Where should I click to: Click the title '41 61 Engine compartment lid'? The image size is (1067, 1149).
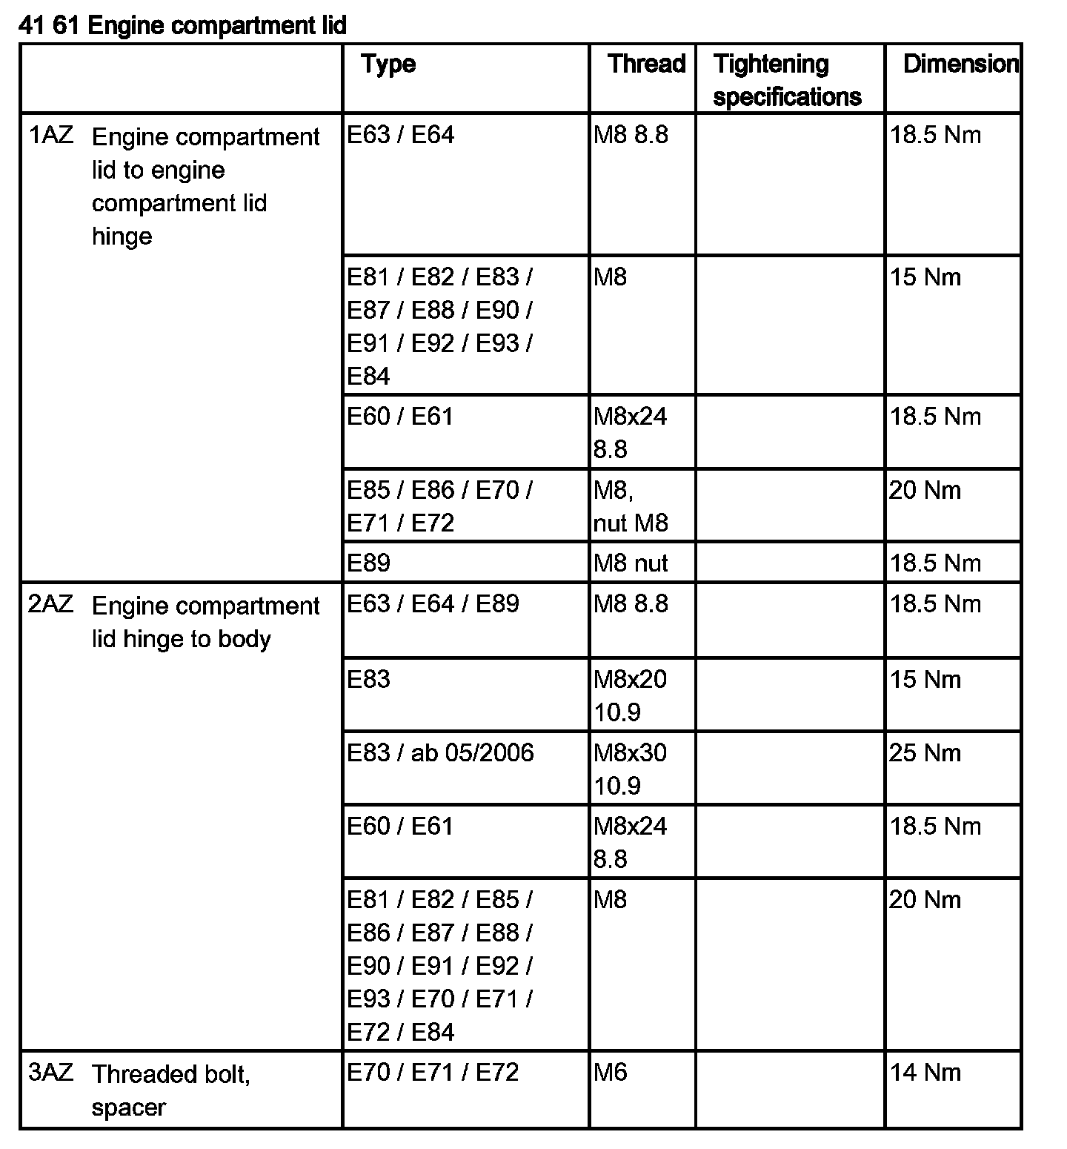point(182,26)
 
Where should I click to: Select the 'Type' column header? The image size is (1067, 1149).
point(388,64)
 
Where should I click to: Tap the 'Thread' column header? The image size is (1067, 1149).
point(646,64)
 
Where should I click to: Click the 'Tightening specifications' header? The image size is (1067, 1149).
point(787,80)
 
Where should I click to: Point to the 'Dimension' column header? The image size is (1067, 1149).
point(960,64)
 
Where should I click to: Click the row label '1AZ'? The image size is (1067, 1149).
point(51,136)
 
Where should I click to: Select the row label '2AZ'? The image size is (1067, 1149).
point(51,604)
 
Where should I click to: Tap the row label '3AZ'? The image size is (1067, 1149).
point(51,1073)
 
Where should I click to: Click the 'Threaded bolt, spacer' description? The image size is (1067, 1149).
point(170,1090)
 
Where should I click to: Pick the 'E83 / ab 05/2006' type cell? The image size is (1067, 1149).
point(440,753)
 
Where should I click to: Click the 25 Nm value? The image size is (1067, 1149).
point(925,753)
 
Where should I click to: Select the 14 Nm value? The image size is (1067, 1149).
point(925,1073)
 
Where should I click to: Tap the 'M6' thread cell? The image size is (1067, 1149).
point(610,1073)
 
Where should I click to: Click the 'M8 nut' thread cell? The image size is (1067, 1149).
point(631,563)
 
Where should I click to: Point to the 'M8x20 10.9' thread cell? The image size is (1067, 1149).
point(630,695)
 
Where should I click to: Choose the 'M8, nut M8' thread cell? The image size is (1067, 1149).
point(631,506)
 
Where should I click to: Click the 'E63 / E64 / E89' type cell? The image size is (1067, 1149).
point(433,604)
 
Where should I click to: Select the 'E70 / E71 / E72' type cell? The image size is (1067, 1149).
point(433,1073)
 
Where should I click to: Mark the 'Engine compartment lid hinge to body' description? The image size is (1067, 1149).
point(205,622)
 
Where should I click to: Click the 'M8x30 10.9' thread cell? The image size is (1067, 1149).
point(630,769)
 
